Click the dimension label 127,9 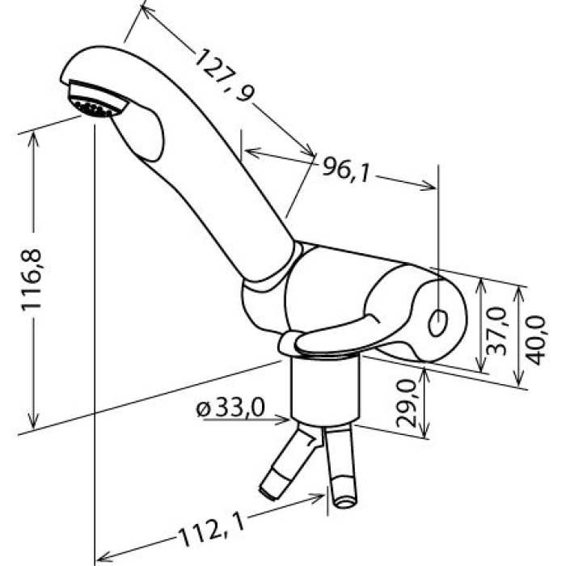[x=224, y=75]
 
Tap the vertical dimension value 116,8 [x=32, y=280]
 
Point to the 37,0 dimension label [x=497, y=331]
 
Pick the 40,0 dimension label [x=535, y=340]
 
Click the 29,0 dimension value [x=407, y=403]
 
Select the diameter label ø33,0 [x=230, y=408]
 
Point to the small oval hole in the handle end [x=438, y=323]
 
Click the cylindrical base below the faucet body [x=326, y=391]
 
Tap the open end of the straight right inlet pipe [x=344, y=503]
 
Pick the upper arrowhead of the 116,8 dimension [x=34, y=139]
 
